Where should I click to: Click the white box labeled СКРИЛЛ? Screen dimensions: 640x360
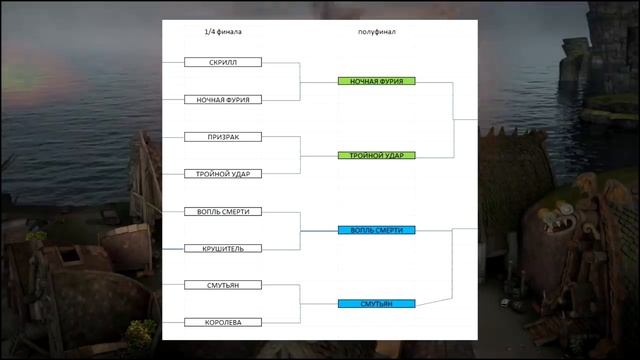tap(223, 62)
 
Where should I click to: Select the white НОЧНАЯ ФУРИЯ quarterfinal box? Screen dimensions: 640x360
tap(223, 100)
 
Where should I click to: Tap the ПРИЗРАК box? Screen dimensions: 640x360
tap(223, 137)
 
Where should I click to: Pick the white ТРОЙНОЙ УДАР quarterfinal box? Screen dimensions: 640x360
tap(223, 174)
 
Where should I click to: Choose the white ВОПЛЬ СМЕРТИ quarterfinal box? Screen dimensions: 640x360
tap(223, 211)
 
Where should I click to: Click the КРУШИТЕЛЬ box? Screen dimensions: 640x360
tap(223, 249)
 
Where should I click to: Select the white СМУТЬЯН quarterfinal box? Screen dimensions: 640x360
tap(223, 285)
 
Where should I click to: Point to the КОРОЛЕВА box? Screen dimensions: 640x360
tap(223, 322)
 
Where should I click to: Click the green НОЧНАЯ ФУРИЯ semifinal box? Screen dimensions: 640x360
tap(377, 81)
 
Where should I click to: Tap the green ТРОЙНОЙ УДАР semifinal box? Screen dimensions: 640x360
tap(377, 155)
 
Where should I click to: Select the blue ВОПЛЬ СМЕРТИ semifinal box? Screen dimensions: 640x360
tap(377, 230)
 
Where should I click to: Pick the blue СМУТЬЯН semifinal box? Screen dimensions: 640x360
tap(377, 304)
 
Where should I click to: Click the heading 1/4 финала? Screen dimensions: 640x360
tap(223, 32)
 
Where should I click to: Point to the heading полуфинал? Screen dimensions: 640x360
tap(377, 32)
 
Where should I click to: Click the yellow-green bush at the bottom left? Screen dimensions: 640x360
tap(140, 334)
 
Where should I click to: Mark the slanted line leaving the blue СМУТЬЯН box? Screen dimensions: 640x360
tap(434, 302)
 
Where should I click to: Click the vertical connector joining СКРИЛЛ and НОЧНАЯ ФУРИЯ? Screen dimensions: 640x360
tap(300, 82)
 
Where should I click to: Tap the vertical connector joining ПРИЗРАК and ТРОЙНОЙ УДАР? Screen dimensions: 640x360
tap(300, 155)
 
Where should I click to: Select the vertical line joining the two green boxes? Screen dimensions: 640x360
tap(453, 120)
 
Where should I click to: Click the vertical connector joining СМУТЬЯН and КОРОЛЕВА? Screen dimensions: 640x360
tap(300, 304)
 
